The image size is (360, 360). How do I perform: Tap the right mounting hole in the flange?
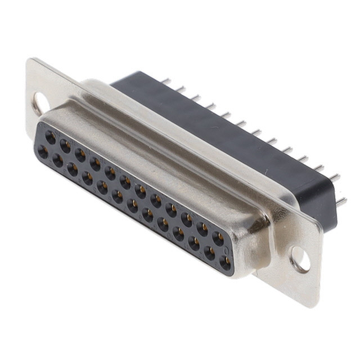(x=299, y=259)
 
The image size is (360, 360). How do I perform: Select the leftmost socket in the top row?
(x=51, y=137)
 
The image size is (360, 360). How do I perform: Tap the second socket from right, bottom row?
(x=209, y=254)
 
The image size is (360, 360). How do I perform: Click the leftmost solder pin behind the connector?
(x=166, y=82)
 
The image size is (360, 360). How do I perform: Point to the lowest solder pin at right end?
(x=341, y=201)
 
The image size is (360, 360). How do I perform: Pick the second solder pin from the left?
(x=181, y=89)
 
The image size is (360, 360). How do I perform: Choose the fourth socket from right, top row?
(x=171, y=210)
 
